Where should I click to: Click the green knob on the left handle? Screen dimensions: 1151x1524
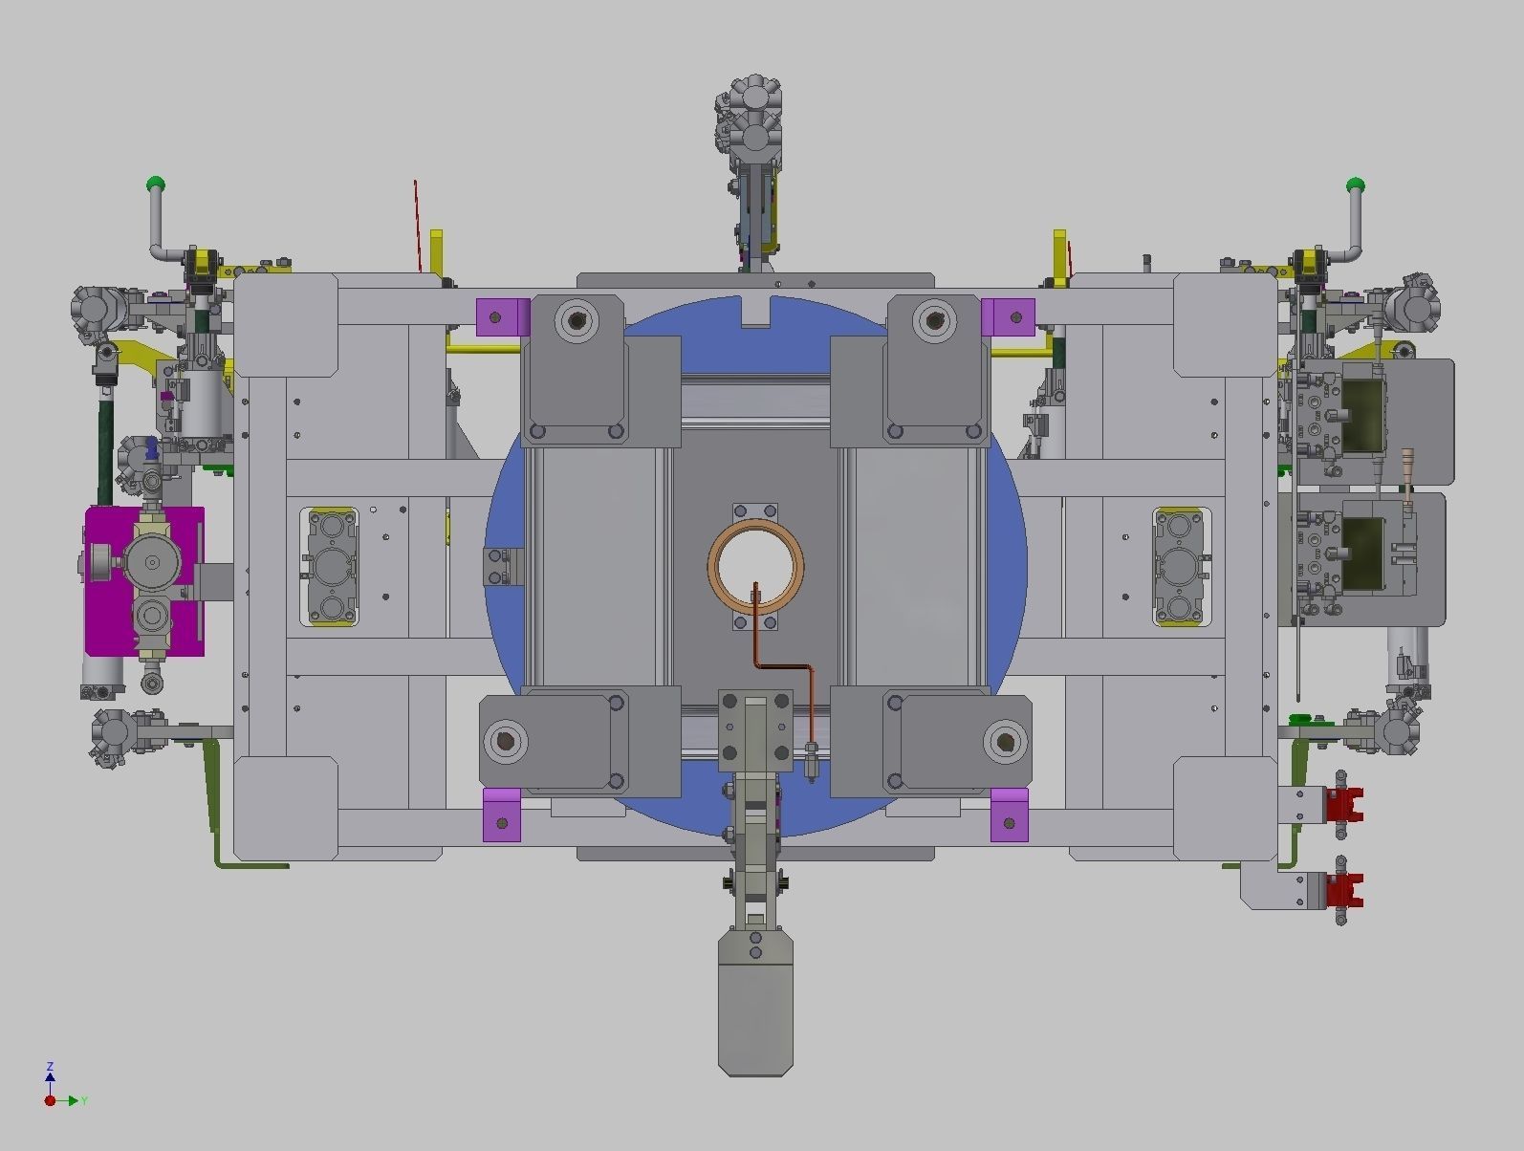coord(156,184)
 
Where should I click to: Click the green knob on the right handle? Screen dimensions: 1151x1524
coord(1355,185)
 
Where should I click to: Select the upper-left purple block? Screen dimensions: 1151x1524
coord(503,316)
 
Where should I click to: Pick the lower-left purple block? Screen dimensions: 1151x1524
coord(502,815)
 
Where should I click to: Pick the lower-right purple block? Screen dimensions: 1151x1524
coord(1010,815)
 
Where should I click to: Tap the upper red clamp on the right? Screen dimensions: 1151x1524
coord(1343,805)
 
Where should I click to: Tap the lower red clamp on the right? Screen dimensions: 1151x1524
coord(1343,891)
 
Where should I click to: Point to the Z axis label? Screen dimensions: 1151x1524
coord(50,1066)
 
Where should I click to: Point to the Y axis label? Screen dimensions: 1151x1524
coord(84,1101)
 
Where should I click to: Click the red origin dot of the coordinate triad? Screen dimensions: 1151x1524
coord(50,1101)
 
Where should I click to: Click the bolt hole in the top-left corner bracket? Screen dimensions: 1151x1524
coord(576,319)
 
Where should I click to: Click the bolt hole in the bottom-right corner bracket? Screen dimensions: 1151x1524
coord(1005,741)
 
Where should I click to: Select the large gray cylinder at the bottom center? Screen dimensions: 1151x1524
coord(755,1004)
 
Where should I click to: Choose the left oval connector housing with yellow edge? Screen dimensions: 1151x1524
coord(331,567)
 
